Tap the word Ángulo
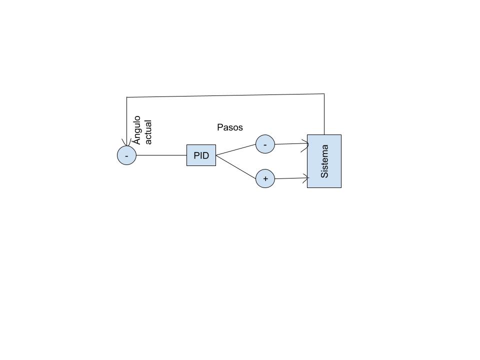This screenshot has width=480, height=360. coord(137,130)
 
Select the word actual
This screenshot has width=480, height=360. coord(148,132)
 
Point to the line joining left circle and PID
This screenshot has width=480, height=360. coord(161,155)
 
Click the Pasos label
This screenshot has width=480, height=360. coord(230,127)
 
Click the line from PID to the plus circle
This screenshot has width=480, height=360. coord(235,167)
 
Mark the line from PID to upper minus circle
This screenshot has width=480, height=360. coord(235,149)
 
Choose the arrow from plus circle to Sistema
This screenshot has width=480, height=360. coord(291,178)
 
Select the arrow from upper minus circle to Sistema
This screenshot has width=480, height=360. coord(291,143)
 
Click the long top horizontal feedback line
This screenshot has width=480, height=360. coord(225,95)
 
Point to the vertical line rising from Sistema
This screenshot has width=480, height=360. coord(324,114)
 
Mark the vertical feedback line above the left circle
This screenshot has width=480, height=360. coord(126,121)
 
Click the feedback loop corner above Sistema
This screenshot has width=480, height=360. coord(324,93)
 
